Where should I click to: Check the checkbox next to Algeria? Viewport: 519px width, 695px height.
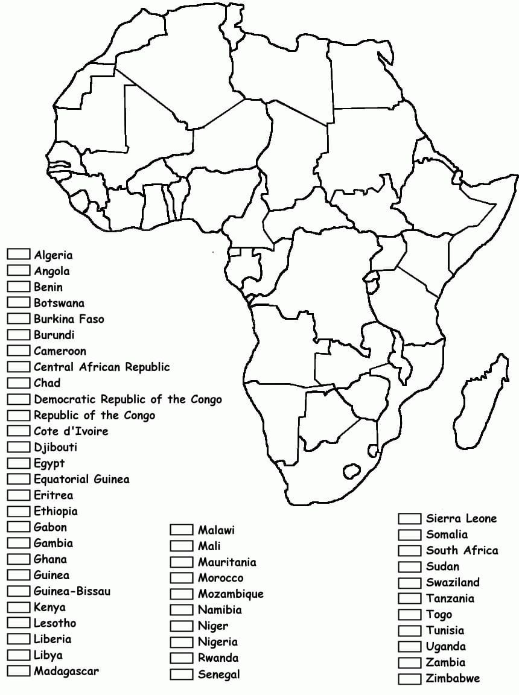coord(18,255)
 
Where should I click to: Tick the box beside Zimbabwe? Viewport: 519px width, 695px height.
coord(409,678)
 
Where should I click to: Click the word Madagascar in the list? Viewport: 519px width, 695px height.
coord(66,671)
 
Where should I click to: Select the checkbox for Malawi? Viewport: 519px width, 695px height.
coord(180,530)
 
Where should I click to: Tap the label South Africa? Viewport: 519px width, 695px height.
coord(462,550)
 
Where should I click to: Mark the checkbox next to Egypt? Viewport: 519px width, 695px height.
coord(18,463)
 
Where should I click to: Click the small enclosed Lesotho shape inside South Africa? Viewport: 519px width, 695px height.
coord(351,469)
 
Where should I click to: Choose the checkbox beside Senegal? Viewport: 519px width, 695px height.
coord(180,674)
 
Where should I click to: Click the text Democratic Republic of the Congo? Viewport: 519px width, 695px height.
coord(127,399)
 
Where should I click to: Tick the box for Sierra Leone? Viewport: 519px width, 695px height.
coord(409,518)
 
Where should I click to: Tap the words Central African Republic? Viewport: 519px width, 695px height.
coord(101,367)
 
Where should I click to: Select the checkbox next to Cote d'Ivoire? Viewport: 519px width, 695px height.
coord(18,431)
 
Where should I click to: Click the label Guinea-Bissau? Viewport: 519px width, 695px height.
coord(72,591)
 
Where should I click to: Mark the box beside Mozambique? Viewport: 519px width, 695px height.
coord(180,594)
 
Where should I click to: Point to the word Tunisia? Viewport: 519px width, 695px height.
coord(445,630)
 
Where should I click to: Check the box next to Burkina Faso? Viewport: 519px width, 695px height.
coord(18,319)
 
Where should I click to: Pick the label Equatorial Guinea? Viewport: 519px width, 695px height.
coord(81,479)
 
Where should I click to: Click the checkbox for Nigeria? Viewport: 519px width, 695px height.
coord(180,642)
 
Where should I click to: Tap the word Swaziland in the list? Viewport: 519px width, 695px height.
coord(453,582)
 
